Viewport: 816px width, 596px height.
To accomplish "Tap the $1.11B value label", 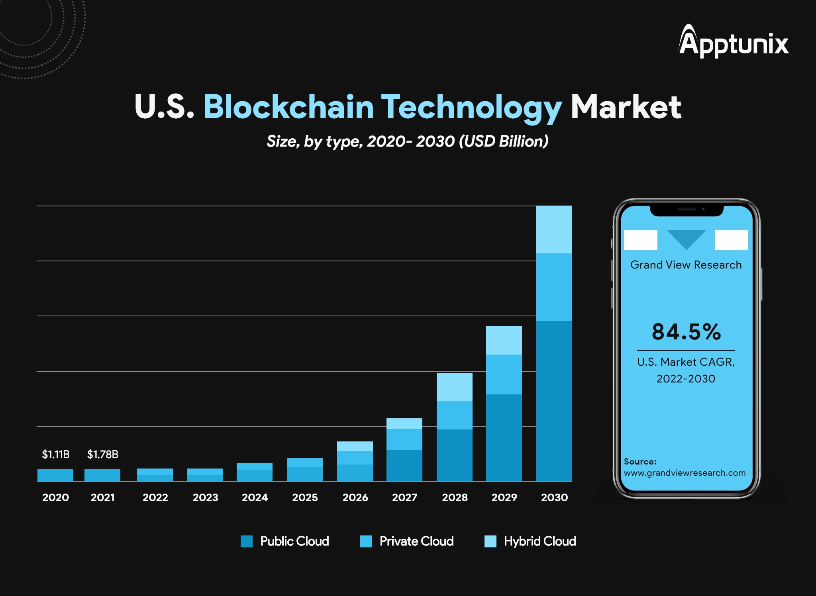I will click(x=56, y=454).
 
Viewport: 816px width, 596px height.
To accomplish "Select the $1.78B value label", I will click(x=103, y=454).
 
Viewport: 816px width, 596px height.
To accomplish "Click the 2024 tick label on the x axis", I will click(x=255, y=497).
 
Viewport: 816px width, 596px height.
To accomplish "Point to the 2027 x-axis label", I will click(x=404, y=497).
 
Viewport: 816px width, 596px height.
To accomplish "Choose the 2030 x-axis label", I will click(x=554, y=497).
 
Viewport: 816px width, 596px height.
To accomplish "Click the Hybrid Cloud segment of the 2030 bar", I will click(x=554, y=229).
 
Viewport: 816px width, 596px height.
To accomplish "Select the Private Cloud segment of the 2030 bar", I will click(x=554, y=287).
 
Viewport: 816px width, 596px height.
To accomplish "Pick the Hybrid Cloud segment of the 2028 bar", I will click(x=455, y=386).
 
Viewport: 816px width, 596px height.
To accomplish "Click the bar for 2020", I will click(x=55, y=475).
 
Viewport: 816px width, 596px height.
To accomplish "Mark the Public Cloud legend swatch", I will click(x=247, y=541).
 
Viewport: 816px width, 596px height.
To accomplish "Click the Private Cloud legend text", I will click(x=416, y=541).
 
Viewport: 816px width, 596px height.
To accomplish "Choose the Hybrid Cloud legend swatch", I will click(x=490, y=541).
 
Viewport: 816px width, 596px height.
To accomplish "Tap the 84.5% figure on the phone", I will click(x=686, y=331).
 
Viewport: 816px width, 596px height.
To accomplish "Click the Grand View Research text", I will click(x=686, y=265).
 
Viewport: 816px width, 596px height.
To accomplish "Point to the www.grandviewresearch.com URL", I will click(x=685, y=473).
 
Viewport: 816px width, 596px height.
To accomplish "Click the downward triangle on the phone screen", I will click(x=686, y=238).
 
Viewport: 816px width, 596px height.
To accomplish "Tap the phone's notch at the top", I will click(x=687, y=210).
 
